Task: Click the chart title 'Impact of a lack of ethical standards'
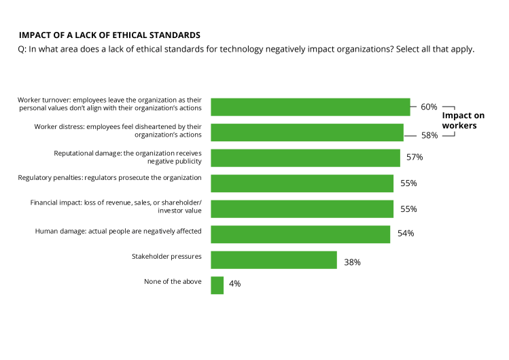[x=109, y=35]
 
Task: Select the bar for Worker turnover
[x=310, y=107]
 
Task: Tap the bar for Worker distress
[x=306, y=132]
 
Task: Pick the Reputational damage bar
[x=305, y=158]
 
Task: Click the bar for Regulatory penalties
[x=302, y=183]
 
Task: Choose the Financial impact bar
[x=302, y=209]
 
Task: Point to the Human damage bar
[x=300, y=234]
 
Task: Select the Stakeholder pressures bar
[x=274, y=260]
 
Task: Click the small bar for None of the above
[x=217, y=285]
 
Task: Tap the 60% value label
[x=429, y=107]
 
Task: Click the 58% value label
[x=429, y=135]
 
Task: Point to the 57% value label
[x=415, y=158]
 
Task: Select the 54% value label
[x=406, y=234]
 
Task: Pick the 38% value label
[x=352, y=262]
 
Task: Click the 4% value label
[x=234, y=284]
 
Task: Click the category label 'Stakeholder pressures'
[x=166, y=256]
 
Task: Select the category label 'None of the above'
[x=173, y=281]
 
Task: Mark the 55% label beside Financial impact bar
[x=408, y=209]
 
